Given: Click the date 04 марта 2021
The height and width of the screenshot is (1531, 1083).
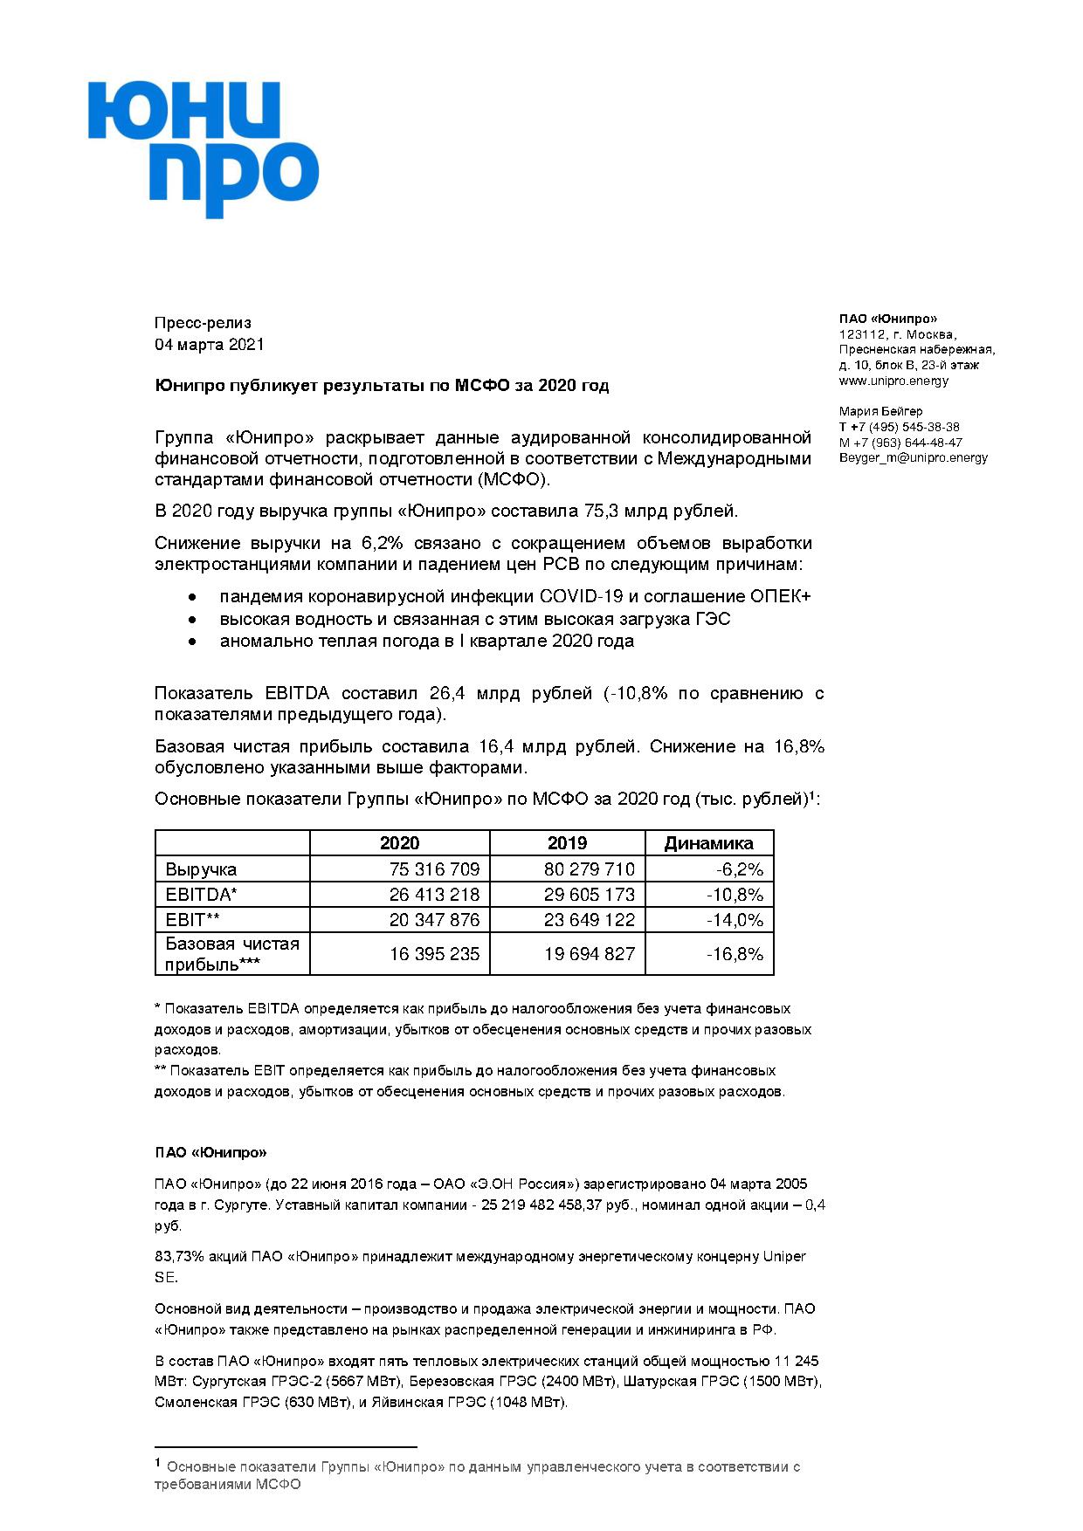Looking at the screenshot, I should pos(209,345).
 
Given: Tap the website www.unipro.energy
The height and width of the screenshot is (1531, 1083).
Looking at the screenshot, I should pos(893,381).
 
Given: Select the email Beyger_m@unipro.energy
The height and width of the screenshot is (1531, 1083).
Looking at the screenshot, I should pos(913,457).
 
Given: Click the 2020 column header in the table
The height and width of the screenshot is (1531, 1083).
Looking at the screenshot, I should pos(399,843).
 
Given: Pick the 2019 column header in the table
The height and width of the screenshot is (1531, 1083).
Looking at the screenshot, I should pos(567,843).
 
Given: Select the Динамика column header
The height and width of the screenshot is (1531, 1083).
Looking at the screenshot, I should pos(708,843).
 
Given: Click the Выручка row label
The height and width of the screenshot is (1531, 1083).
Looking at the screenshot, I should pos(201,869).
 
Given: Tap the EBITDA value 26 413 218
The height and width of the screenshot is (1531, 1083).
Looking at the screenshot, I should pos(434,895).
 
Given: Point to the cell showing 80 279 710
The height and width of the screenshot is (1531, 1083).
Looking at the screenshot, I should pos(590,869).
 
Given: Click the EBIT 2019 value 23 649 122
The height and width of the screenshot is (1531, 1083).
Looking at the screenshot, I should pos(590,920).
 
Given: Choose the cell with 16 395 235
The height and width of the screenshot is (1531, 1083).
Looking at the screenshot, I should pos(434,954).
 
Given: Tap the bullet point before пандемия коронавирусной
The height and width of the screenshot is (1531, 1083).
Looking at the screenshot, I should pos(192,597).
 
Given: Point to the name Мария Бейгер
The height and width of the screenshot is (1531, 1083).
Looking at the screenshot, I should pos(880,411).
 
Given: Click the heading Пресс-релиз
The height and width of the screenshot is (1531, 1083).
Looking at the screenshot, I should pos(203,323).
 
